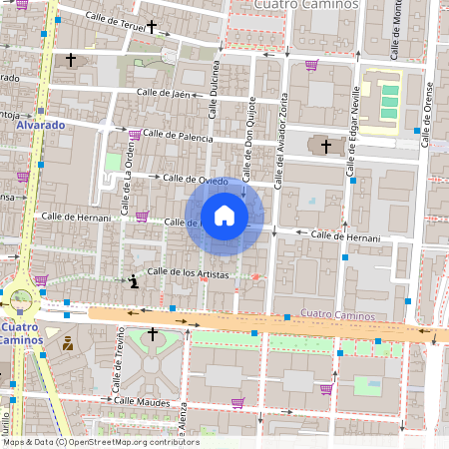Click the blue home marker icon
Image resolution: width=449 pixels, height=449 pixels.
point(224,216)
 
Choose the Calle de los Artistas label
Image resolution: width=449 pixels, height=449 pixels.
point(188,272)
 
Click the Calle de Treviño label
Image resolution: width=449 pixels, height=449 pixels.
point(118,367)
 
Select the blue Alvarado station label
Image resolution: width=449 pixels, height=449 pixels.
point(40,126)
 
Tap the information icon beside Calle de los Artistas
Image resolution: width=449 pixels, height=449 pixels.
point(134,281)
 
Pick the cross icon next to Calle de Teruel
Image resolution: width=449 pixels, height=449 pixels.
point(152,27)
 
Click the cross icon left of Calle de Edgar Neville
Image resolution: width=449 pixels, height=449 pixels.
point(325,147)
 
